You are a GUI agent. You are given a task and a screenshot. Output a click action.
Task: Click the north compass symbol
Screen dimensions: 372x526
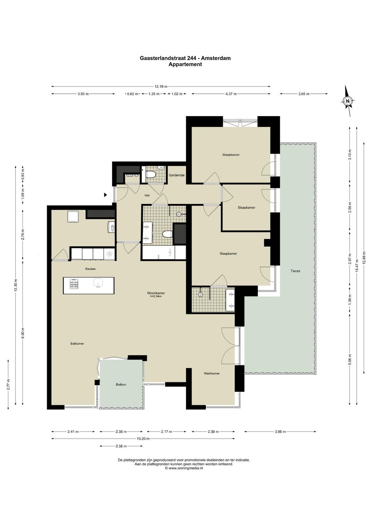click(x=348, y=101)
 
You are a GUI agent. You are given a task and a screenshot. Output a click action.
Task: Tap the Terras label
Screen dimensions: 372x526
click(x=295, y=271)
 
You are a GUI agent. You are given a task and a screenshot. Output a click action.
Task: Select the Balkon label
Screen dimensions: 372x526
click(x=121, y=384)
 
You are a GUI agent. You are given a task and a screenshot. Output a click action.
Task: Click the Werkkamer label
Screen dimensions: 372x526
click(x=212, y=373)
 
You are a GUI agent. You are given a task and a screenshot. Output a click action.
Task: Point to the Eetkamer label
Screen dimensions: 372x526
click(x=77, y=344)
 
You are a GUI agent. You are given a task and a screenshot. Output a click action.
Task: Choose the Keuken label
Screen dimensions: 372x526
click(x=90, y=269)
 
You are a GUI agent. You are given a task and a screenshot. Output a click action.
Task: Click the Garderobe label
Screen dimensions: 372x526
click(x=177, y=175)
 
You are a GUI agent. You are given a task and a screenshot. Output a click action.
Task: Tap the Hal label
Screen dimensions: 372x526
click(x=147, y=195)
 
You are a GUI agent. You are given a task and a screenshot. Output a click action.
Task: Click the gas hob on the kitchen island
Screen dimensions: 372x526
click(x=74, y=284)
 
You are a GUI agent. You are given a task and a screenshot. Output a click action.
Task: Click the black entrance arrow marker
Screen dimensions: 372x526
click(x=106, y=195)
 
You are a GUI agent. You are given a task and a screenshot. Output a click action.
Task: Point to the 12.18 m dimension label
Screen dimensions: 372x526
click(x=161, y=87)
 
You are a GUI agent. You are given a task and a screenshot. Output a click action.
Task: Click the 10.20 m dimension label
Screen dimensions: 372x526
click(x=143, y=438)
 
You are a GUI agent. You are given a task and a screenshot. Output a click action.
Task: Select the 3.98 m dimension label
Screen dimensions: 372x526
click(x=280, y=432)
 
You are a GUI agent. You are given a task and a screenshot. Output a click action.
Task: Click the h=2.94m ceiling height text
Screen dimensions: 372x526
click(x=156, y=296)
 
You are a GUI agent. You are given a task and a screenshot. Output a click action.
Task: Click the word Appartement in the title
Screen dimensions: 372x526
click(x=185, y=64)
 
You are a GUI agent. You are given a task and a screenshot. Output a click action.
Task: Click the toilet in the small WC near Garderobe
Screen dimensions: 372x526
click(x=151, y=174)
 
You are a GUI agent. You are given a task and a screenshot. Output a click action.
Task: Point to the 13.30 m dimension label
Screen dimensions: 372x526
click(x=16, y=285)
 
